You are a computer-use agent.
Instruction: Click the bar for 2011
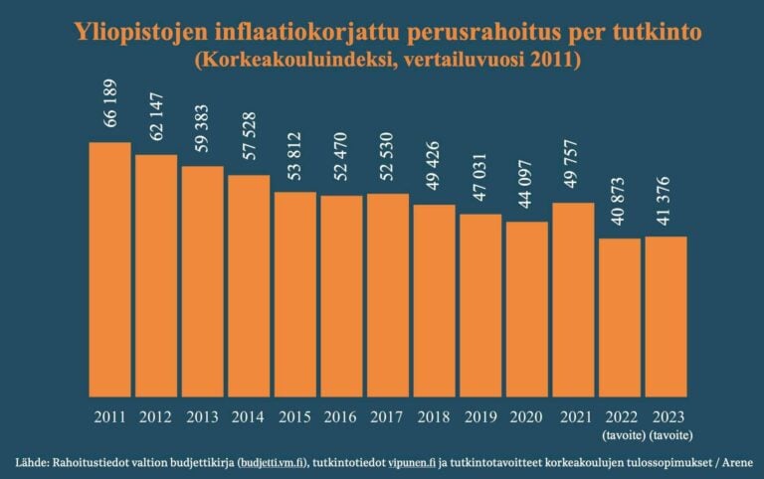tap(109, 268)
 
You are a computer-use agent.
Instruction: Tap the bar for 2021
tap(573, 298)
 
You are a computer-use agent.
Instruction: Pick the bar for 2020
tap(526, 308)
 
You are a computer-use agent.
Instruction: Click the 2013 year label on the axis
tap(203, 416)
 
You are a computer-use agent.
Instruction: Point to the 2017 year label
tap(388, 416)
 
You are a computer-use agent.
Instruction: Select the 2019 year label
tap(480, 416)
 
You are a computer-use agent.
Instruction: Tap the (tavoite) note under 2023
tap(666, 434)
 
